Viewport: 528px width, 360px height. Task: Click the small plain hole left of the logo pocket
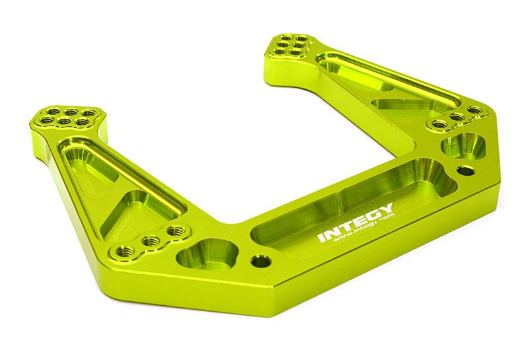[261, 261]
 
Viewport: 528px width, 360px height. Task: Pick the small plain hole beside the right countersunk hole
[466, 170]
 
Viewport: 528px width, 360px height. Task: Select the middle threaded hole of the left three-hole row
[151, 240]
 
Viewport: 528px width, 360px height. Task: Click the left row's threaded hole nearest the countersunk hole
[176, 231]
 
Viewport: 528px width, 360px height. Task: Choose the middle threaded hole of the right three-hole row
[455, 117]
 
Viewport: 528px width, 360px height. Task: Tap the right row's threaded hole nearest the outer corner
[473, 110]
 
